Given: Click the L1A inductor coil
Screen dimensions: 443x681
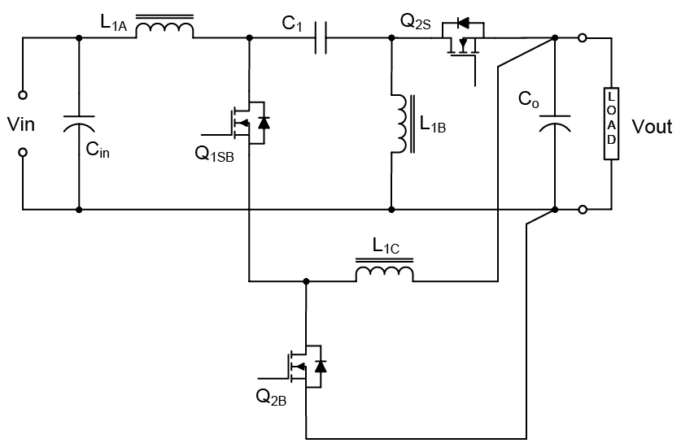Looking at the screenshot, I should click(164, 29).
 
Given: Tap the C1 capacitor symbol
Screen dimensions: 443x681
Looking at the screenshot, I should click(320, 37).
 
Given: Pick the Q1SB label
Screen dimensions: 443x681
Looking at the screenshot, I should click(214, 155).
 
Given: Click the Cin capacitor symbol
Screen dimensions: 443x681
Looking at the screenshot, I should click(79, 123).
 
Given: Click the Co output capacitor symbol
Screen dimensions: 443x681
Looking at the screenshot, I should click(554, 123).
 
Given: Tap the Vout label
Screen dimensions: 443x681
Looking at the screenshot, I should click(652, 128).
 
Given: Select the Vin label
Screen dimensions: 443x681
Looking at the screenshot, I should click(21, 127).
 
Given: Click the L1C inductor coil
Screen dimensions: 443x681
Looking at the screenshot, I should click(384, 273).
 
